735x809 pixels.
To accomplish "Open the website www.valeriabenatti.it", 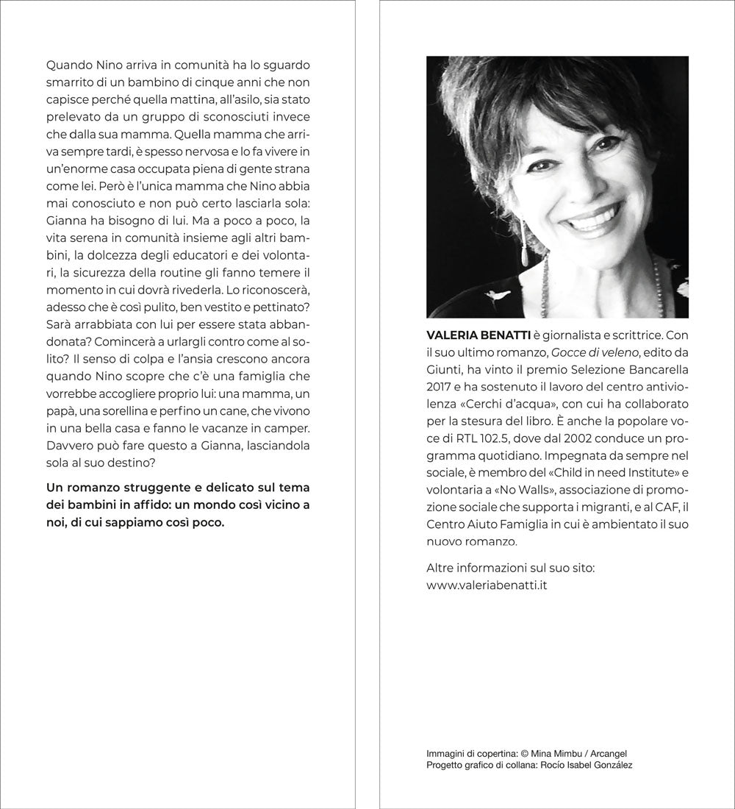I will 486,585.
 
